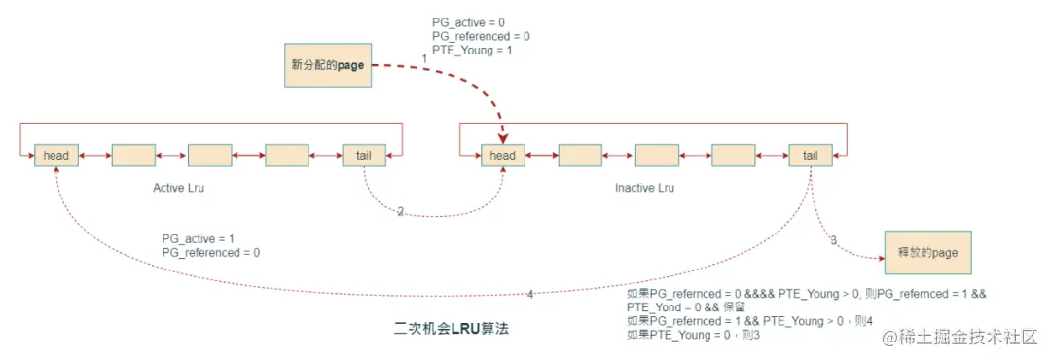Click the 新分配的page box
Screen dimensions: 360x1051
point(327,65)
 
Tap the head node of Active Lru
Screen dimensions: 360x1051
point(55,156)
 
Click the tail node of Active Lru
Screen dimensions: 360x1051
point(364,156)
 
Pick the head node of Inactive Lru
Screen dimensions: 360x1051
point(502,156)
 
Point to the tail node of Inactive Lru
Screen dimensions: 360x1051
point(810,156)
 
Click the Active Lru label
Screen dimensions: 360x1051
point(179,186)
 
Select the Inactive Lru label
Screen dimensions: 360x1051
point(644,187)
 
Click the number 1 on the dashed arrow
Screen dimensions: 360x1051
point(424,60)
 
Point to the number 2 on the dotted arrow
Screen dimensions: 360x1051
point(400,211)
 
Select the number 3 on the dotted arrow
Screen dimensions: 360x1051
point(833,240)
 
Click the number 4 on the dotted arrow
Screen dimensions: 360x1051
point(529,294)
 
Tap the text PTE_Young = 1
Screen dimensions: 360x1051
point(472,51)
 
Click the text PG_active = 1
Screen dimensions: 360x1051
point(199,237)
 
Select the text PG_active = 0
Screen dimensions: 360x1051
point(468,21)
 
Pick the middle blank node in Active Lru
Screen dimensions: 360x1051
point(209,156)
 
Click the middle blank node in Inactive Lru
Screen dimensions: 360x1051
point(656,156)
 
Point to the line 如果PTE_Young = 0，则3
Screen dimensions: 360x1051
point(692,335)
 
